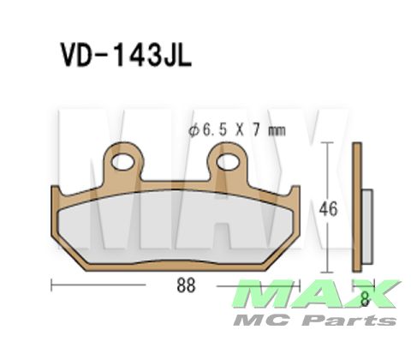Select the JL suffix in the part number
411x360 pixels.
173,56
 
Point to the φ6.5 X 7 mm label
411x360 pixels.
235,131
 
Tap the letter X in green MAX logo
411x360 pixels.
375,295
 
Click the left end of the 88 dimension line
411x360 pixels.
53,283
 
